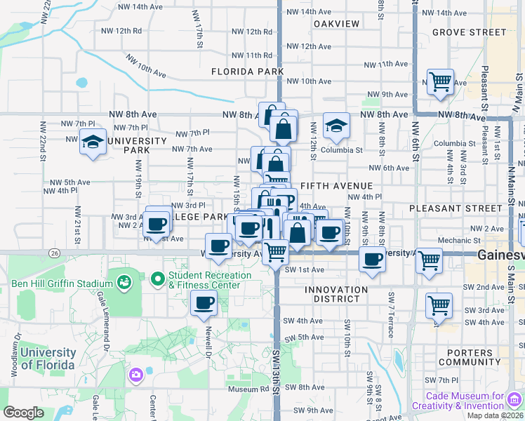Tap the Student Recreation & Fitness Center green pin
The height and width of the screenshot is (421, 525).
point(158,279)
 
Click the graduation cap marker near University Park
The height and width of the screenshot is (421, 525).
point(93,142)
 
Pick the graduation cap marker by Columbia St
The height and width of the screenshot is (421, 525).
point(336,127)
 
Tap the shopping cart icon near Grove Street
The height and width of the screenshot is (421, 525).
point(440,82)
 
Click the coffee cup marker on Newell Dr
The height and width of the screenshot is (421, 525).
point(204,303)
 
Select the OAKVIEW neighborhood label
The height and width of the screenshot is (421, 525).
point(337,24)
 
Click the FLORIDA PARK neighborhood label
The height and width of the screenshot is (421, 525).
point(248,72)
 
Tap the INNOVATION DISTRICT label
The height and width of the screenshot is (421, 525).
point(336,294)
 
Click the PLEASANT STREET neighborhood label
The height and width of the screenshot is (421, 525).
point(456,208)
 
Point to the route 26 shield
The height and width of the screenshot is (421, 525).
point(53,251)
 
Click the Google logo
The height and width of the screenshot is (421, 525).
point(24,412)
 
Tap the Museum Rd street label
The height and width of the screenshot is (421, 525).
point(244,389)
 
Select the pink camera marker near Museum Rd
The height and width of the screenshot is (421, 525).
point(135,375)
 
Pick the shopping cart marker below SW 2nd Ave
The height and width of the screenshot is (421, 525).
point(439,305)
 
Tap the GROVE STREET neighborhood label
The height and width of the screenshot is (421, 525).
point(469,32)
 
